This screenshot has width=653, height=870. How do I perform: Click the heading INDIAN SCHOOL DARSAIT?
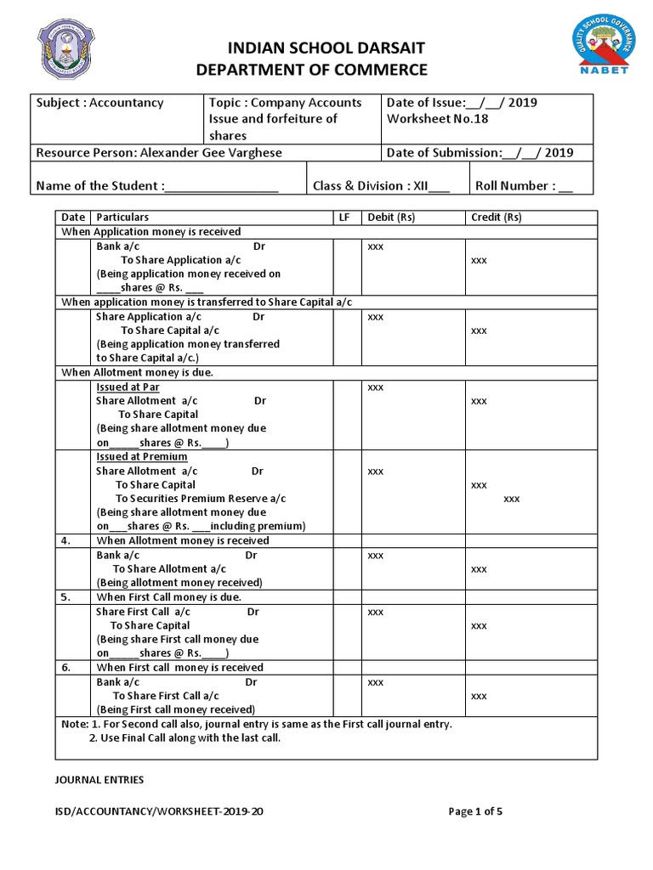coord(312,48)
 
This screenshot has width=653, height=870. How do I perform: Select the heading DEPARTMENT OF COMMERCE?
coord(312,70)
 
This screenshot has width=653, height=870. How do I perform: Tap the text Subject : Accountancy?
coord(99,103)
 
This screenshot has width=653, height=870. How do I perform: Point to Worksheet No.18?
coord(437,119)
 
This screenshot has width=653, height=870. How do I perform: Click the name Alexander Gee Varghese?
coord(212,153)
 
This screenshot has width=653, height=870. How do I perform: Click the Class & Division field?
coord(380,186)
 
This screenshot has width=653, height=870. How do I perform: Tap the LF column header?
coord(344,217)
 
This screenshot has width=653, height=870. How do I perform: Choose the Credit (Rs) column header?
coord(497,217)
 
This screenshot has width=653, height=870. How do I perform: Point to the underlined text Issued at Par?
coord(128,387)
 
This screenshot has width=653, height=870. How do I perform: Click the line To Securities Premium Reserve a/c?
coord(201,499)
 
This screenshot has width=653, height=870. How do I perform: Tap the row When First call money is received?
coord(180,668)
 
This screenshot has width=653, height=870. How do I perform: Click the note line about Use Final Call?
coord(185,738)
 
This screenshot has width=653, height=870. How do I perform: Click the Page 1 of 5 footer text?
coord(475,811)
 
